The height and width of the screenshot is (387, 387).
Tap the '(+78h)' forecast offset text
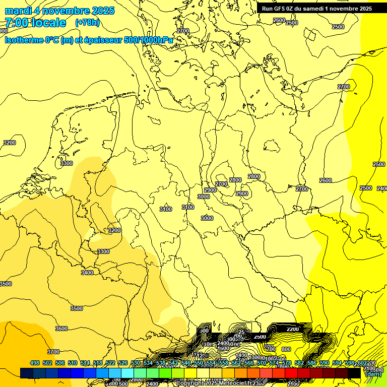point(87,23)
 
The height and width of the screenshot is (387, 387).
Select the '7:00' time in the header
point(16,23)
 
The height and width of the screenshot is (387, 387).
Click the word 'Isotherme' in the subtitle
point(23,40)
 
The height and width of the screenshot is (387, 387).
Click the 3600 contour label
point(61,329)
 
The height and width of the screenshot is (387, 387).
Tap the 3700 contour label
point(53,352)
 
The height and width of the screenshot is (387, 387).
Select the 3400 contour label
point(87,273)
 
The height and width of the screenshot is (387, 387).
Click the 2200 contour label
point(292,329)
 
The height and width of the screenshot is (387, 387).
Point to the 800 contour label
point(286,349)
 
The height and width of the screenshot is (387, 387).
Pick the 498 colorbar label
point(35,363)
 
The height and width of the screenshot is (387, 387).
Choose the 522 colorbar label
point(110,363)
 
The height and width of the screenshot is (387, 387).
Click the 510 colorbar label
point(73,363)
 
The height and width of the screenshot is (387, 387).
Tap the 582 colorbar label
point(299,363)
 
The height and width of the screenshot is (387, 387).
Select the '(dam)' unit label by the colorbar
point(372,374)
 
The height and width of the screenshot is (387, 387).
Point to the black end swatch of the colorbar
point(354,373)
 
